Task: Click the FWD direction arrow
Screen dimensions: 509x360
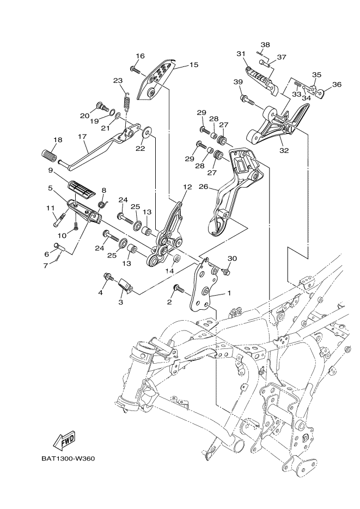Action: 64,439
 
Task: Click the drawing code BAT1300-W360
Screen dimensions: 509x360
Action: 68,458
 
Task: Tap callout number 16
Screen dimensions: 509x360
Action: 140,56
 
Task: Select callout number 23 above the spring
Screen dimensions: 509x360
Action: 118,81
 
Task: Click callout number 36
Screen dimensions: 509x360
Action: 337,84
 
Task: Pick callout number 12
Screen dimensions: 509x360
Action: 187,187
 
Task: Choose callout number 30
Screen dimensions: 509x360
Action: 232,259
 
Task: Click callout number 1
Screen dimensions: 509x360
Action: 229,293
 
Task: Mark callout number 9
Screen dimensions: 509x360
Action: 50,170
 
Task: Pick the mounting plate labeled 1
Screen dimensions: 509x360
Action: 204,289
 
